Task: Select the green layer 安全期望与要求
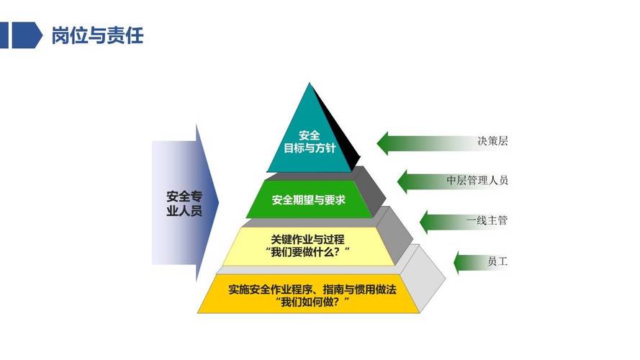pos(309,199)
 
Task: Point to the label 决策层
pos(492,141)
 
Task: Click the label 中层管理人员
pos(477,180)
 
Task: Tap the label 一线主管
pos(487,220)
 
